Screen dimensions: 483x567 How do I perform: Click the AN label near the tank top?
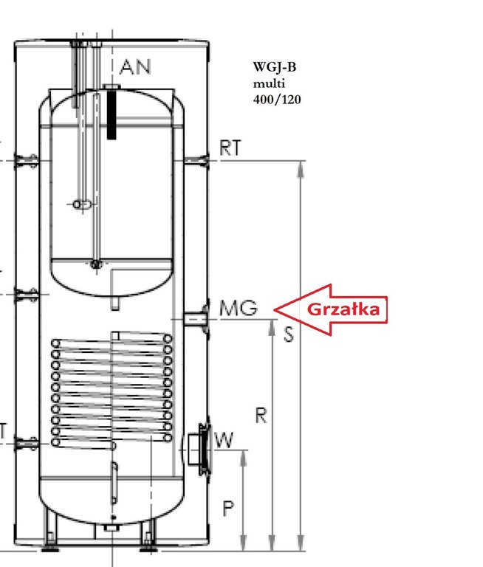[135, 67]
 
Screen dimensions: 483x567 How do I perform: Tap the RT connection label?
[230, 148]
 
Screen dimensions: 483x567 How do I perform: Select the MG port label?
[239, 308]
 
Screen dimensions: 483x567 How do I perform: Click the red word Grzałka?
[343, 309]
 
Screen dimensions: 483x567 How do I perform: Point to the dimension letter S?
[288, 334]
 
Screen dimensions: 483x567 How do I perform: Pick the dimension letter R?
[261, 415]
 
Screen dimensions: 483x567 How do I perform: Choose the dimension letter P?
[228, 509]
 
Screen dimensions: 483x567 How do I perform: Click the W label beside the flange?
[224, 440]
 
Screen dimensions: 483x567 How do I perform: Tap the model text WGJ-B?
[275, 67]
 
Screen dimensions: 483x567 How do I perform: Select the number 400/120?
[277, 100]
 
